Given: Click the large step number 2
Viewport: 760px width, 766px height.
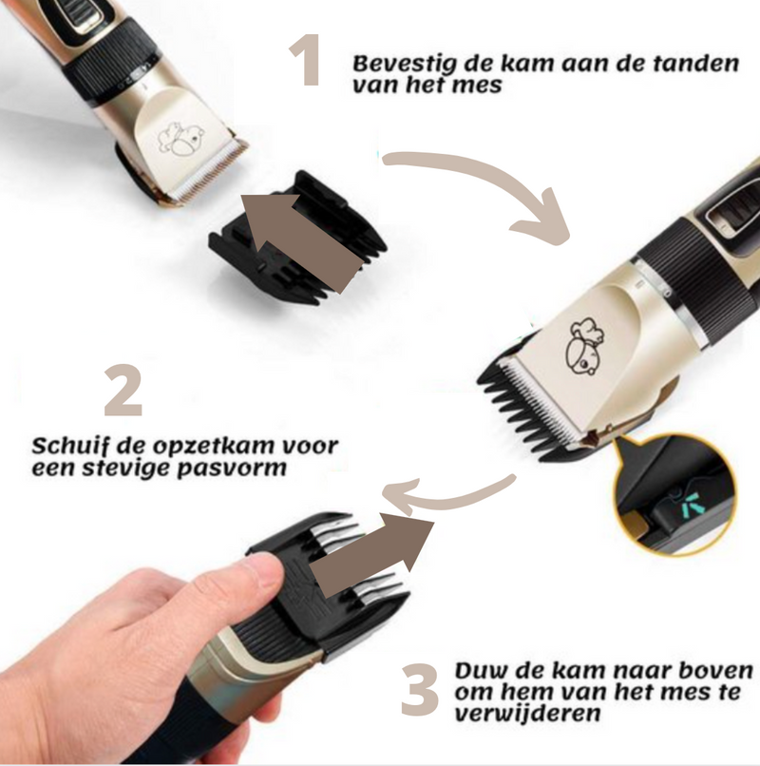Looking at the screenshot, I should pos(123,390).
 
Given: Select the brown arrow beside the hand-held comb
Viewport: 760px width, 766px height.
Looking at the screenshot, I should pos(371,557).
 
